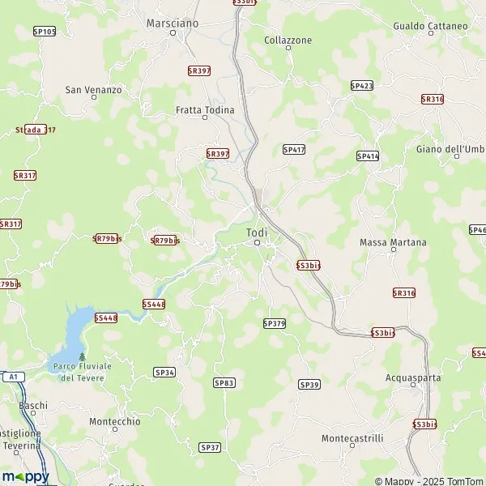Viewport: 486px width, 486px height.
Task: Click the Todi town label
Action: (257, 232)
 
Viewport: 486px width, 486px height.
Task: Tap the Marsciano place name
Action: (172, 23)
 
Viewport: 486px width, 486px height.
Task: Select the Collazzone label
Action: (288, 39)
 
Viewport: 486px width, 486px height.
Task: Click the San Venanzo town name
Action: (93, 90)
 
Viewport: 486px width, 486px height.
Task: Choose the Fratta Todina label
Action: (205, 109)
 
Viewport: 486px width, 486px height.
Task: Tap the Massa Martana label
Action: (392, 242)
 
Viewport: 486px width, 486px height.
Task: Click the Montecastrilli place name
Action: (352, 438)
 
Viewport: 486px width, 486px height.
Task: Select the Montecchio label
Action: (114, 421)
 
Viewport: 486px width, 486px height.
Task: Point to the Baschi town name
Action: (34, 406)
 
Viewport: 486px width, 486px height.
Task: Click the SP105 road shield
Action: (45, 31)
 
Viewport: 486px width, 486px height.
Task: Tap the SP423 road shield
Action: (362, 85)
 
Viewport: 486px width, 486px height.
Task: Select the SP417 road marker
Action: (293, 150)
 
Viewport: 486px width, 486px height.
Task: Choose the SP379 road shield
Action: (275, 323)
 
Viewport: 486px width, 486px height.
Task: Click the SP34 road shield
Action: (164, 372)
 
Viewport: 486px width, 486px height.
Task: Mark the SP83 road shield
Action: (224, 382)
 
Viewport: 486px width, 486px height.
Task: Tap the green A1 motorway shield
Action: (11, 377)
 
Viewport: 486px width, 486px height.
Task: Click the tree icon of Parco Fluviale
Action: (82, 356)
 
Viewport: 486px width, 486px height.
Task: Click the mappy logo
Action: (25, 476)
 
